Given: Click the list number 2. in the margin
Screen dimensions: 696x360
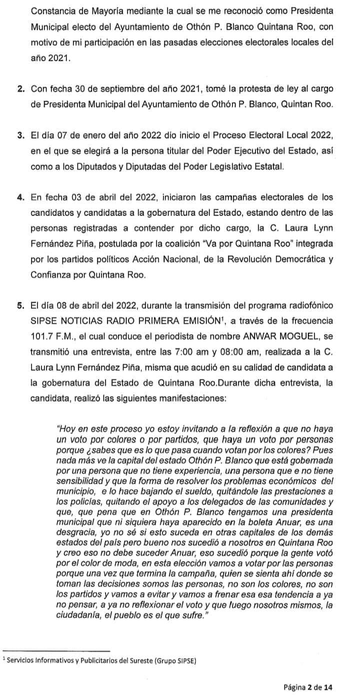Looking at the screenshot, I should point(21,89).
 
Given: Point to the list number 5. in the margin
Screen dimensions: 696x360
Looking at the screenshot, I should point(21,305).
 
